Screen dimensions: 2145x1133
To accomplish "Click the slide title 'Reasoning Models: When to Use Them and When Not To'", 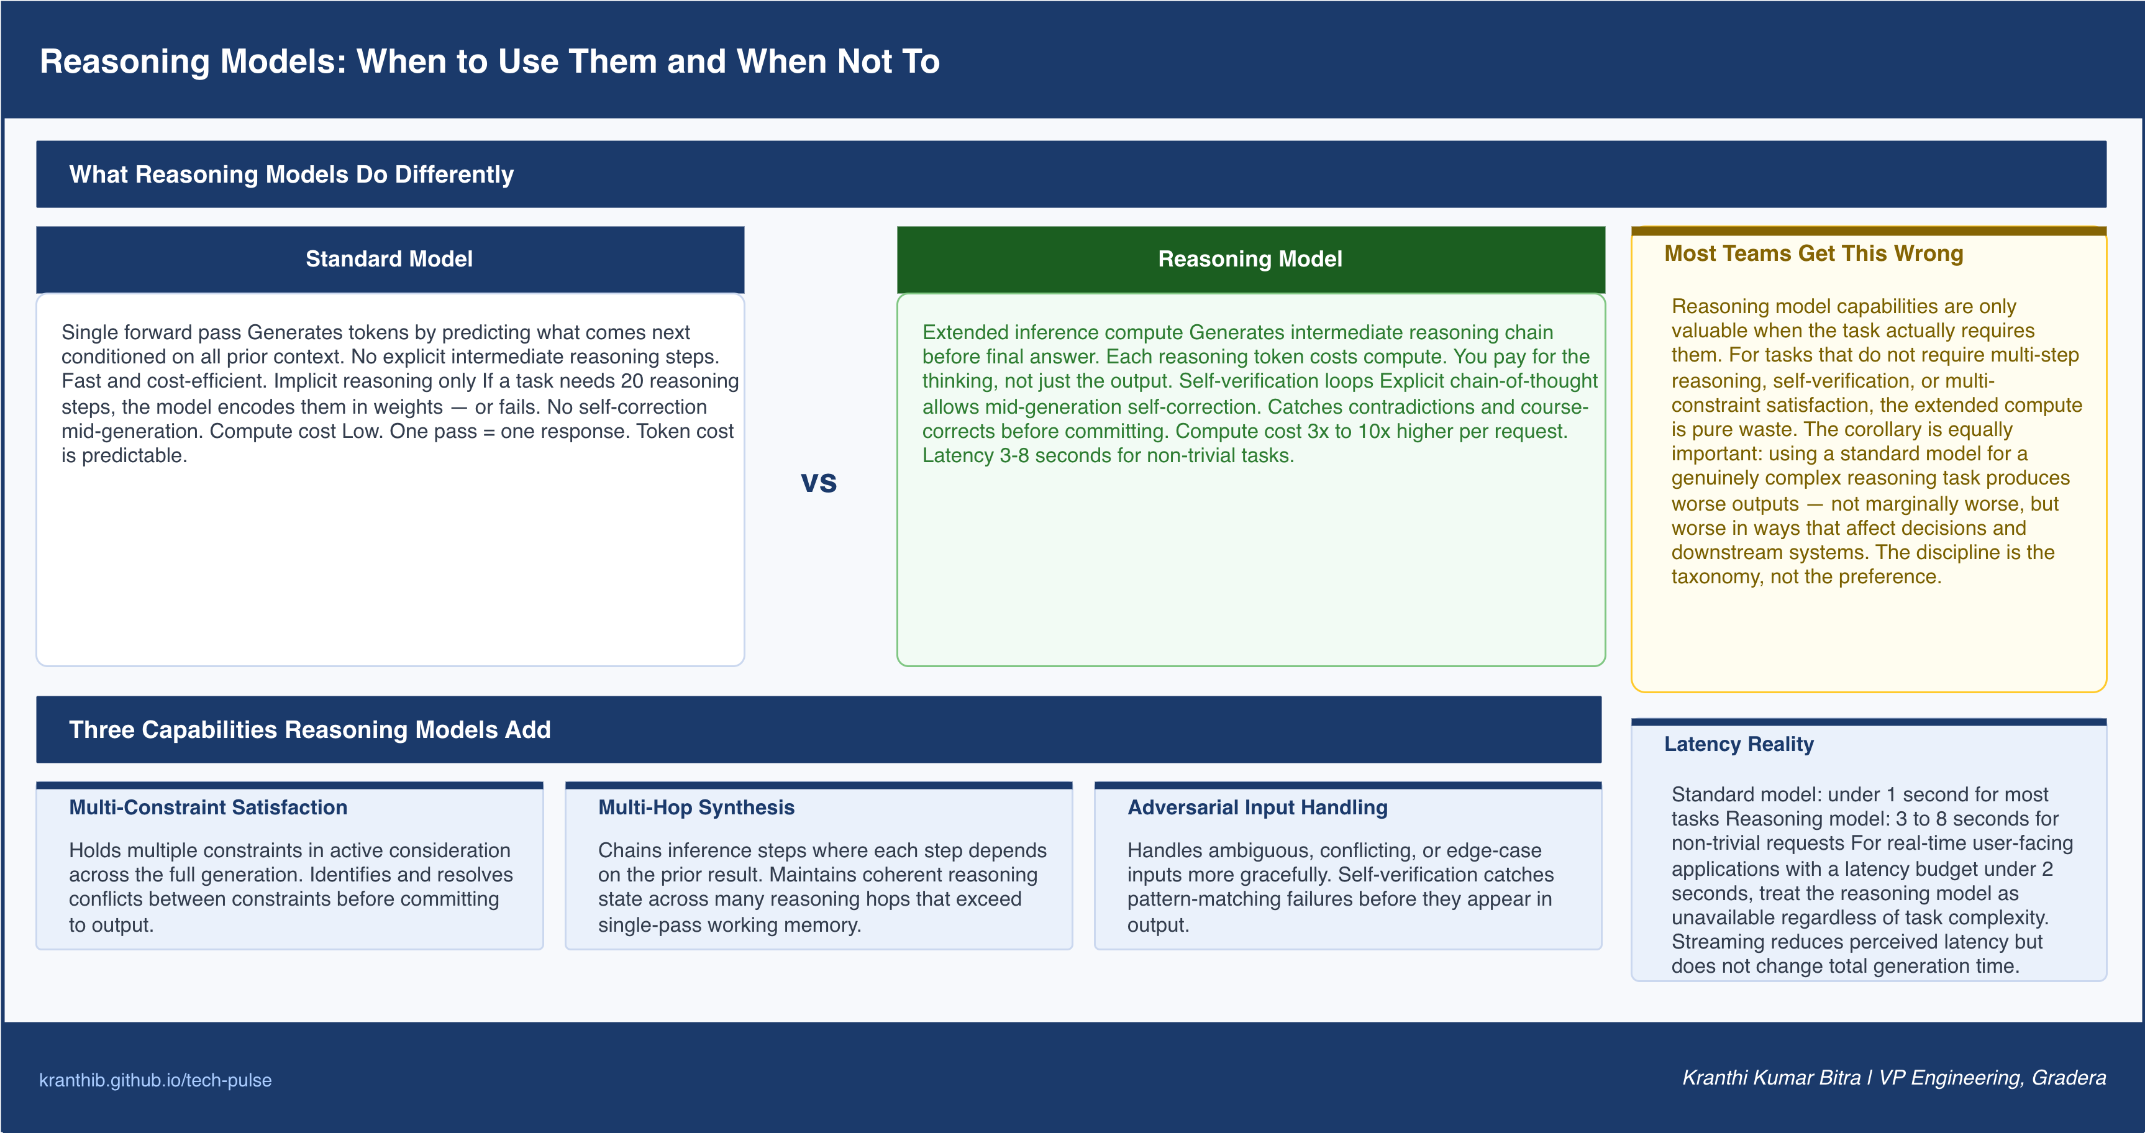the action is pos(490,61).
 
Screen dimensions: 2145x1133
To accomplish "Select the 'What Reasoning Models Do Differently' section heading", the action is pos(291,174).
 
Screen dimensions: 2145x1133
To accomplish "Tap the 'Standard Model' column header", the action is pos(389,259).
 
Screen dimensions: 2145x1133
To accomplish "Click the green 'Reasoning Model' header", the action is pos(1250,259).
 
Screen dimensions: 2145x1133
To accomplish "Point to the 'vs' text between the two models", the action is pos(819,482).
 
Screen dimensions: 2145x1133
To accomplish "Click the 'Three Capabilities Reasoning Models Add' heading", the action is pos(310,729).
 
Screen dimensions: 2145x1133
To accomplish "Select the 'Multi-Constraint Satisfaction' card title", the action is pos(208,807).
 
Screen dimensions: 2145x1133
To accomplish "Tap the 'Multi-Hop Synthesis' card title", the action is pos(696,807).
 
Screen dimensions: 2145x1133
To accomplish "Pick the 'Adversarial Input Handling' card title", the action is pos(1257,807).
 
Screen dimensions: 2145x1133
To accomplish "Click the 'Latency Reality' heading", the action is pos(1739,744).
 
